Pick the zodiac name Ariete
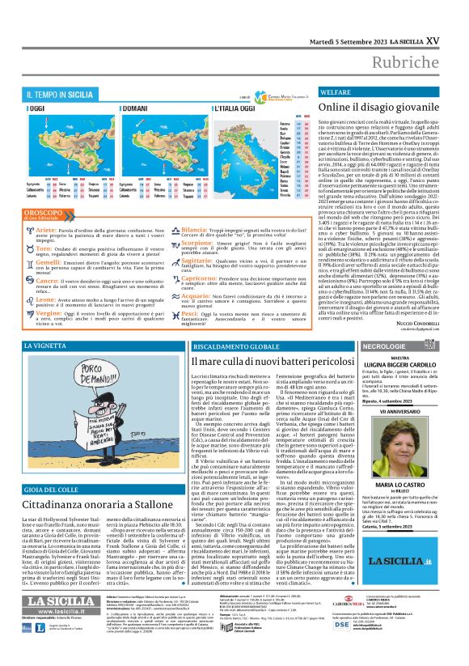tap(46, 231)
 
